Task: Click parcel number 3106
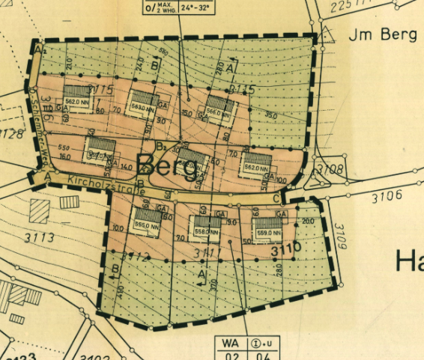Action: pyautogui.click(x=386, y=196)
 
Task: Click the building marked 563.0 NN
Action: pyautogui.click(x=142, y=103)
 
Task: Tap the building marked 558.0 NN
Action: pyautogui.click(x=205, y=227)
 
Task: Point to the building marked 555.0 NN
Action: pyautogui.click(x=142, y=219)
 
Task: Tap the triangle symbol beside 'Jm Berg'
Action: pyautogui.click(x=327, y=34)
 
